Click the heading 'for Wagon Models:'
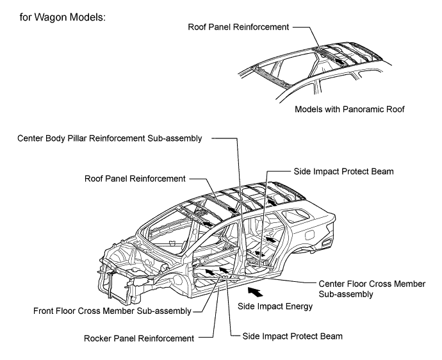[61, 15]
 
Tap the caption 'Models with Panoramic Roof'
[350, 109]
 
